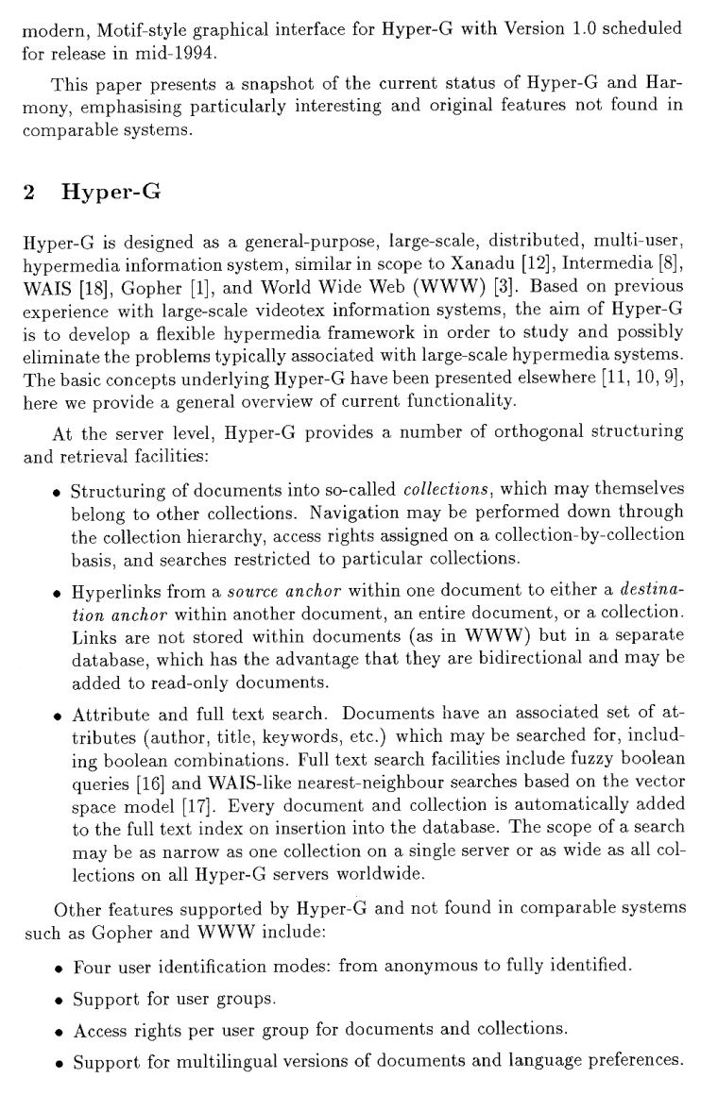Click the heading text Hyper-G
click(110, 194)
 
